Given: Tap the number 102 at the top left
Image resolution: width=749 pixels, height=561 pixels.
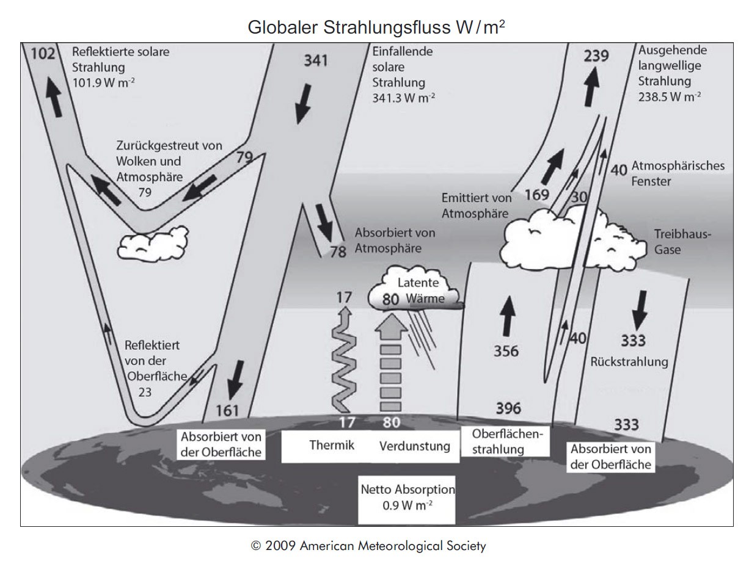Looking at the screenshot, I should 43,54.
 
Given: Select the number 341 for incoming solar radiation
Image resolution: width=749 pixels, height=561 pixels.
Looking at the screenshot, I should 316,60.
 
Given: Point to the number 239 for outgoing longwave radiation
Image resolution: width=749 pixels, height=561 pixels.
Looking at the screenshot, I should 596,56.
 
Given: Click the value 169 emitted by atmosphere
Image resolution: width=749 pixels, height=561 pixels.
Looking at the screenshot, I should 536,196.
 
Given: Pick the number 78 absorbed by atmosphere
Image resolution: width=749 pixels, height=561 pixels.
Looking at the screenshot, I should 338,252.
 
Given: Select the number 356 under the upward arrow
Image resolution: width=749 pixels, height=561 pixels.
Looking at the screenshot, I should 506,352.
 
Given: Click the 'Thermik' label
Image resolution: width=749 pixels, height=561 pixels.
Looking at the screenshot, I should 332,445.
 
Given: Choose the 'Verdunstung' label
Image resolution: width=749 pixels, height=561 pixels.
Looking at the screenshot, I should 415,446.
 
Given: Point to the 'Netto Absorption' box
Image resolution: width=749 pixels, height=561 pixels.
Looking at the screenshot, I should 407,498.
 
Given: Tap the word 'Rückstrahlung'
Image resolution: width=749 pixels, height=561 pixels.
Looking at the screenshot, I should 629,362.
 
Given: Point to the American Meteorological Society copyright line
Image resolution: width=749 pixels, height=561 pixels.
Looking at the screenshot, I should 368,545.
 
